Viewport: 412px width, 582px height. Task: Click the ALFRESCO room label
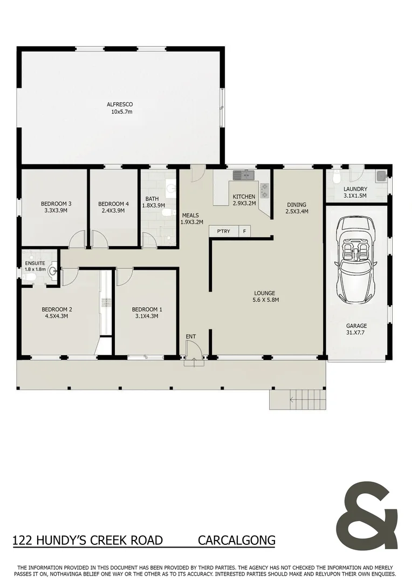120,104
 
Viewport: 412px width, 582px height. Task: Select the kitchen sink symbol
244,175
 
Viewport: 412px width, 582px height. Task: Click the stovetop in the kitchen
264,189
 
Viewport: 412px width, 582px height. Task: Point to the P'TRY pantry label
223,231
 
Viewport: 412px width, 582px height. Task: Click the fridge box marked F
244,231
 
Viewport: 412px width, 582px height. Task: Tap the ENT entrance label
191,337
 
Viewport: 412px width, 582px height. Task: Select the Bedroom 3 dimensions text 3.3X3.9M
56,211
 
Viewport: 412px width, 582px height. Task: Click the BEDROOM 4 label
113,204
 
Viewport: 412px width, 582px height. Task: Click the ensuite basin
52,271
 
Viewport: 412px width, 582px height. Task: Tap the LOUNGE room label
265,293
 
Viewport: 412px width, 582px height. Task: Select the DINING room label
297,205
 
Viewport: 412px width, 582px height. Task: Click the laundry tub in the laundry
381,175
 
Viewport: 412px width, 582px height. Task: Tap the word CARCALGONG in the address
237,540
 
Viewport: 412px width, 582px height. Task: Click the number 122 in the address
22,540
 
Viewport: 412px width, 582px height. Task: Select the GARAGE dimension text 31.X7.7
356,333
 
